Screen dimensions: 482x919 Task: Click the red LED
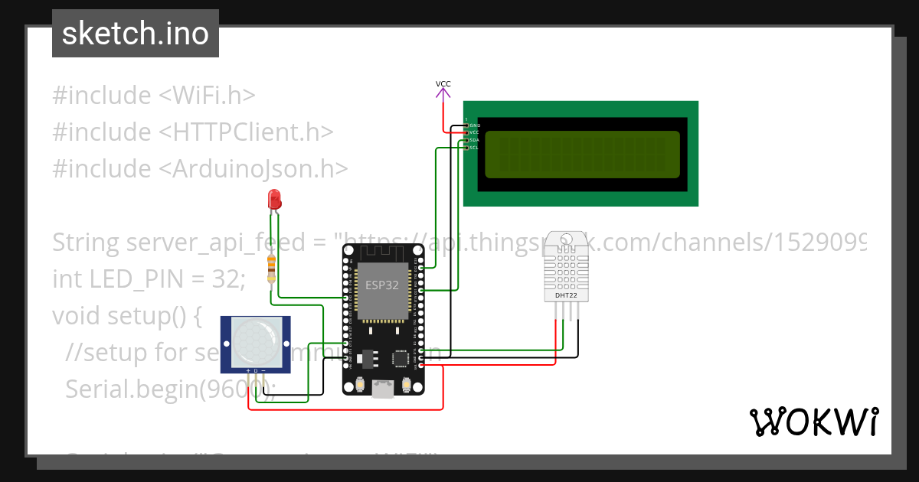[x=274, y=200]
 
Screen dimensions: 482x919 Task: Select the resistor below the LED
[x=271, y=268]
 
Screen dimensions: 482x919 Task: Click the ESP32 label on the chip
[x=381, y=285]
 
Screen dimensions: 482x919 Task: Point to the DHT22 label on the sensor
[x=566, y=295]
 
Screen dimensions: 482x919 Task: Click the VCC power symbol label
[x=443, y=83]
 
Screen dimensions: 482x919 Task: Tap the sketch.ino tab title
[x=136, y=34]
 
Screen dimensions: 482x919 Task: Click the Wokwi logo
[x=813, y=422]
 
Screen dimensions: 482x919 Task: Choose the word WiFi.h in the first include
[x=207, y=96]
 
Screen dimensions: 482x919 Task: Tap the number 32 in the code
[x=227, y=279]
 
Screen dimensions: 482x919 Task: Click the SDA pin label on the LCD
[x=473, y=140]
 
